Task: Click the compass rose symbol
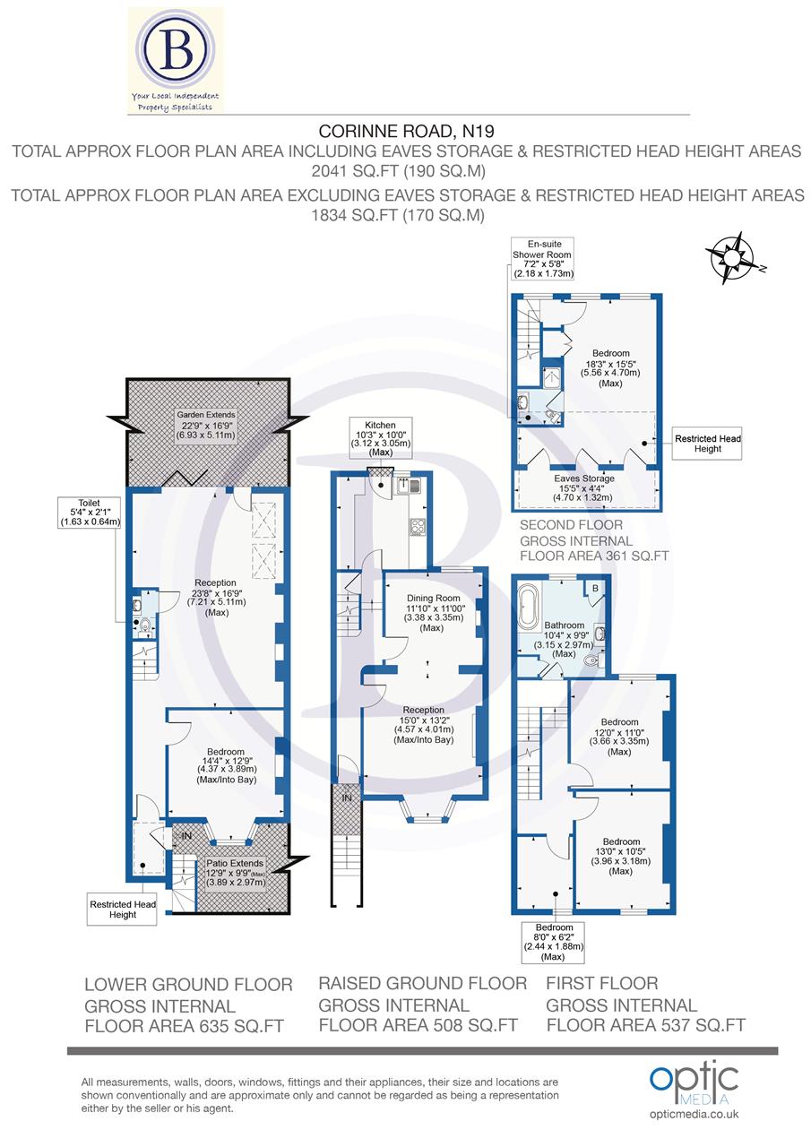pyautogui.click(x=731, y=258)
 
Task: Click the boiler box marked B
pyautogui.click(x=591, y=589)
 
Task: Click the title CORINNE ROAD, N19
pyautogui.click(x=405, y=132)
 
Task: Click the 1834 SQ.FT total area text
pyautogui.click(x=405, y=214)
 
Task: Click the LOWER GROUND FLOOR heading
pyautogui.click(x=188, y=984)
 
